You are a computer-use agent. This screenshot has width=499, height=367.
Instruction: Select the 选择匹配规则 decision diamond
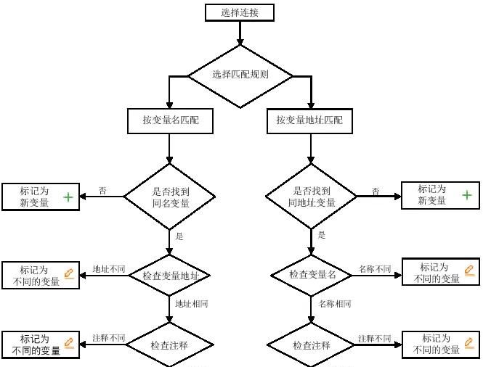[x=240, y=75]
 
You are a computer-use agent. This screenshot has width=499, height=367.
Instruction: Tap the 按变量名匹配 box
[x=170, y=120]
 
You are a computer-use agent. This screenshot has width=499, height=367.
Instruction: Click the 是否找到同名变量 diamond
[x=170, y=197]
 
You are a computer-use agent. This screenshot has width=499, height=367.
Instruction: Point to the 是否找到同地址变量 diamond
[x=311, y=197]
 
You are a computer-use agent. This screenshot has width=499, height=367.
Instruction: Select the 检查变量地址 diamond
[x=170, y=276]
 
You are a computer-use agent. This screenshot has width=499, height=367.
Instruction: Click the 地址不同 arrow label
[x=108, y=269]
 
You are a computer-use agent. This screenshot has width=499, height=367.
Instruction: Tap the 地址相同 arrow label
[x=192, y=304]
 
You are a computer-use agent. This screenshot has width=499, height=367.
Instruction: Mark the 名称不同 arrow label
[x=374, y=269]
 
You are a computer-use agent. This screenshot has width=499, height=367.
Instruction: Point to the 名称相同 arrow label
[x=335, y=304]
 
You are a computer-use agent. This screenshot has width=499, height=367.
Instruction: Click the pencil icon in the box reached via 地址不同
[x=69, y=273]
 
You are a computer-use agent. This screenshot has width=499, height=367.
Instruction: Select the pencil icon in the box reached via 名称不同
[x=468, y=271]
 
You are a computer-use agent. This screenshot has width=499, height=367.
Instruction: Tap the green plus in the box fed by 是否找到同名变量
[x=68, y=197]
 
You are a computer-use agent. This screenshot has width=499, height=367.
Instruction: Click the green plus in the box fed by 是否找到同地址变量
[x=466, y=195]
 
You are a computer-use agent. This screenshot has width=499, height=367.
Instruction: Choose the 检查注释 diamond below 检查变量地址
[x=170, y=346]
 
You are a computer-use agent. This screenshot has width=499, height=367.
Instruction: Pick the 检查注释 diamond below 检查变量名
[x=312, y=346]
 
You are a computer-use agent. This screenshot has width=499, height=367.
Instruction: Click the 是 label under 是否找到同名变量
[x=179, y=236]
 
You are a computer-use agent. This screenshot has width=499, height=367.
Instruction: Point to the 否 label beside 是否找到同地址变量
[x=376, y=191]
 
